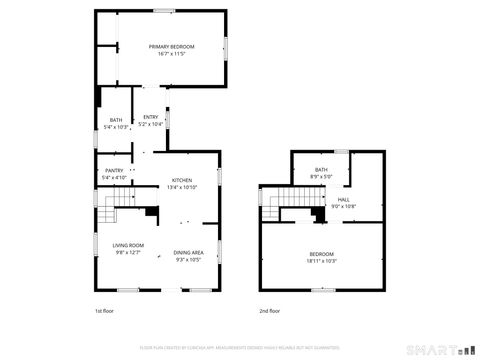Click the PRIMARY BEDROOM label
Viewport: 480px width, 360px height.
(172, 47)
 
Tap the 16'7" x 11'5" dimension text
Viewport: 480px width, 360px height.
(172, 54)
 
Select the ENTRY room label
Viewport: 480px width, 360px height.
(150, 117)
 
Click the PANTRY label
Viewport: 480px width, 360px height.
(114, 171)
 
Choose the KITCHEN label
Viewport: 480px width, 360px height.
(181, 180)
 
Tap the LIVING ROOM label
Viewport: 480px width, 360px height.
(128, 245)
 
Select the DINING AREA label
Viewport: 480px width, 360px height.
(189, 253)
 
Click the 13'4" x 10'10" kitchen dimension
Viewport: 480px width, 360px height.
(181, 187)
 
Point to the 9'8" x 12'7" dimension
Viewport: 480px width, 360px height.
(128, 252)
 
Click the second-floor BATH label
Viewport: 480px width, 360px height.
(321, 170)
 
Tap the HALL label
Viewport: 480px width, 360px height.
(343, 199)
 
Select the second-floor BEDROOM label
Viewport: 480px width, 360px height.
(321, 254)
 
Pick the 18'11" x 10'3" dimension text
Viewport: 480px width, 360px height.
(321, 261)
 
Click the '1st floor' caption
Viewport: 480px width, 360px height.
(105, 311)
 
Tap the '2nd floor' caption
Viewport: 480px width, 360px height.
(270, 311)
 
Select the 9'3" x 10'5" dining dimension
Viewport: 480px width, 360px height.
(189, 260)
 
